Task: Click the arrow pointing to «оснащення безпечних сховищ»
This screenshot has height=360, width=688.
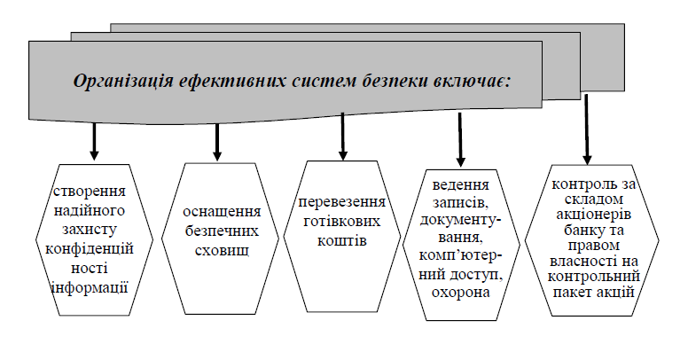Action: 216,141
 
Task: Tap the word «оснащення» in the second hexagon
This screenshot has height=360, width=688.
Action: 221,212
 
